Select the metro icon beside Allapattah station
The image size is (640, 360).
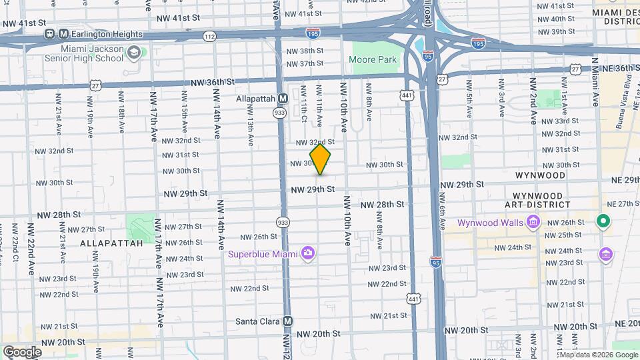point(283,98)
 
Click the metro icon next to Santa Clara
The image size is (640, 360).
point(288,321)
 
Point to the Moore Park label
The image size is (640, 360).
point(373,59)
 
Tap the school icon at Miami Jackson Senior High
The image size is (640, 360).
point(134,52)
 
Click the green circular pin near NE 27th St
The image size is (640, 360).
point(603,221)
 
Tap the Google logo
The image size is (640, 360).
point(22,351)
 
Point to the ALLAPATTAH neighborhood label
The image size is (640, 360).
point(111,243)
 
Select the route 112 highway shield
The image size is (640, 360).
point(210,36)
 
